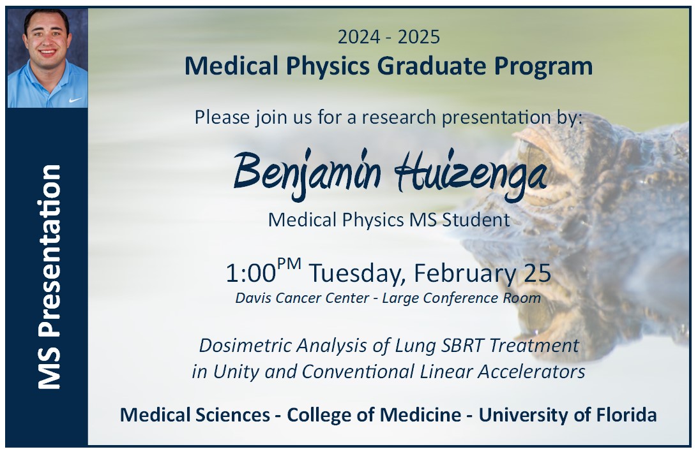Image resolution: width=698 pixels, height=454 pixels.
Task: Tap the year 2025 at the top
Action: pos(419,37)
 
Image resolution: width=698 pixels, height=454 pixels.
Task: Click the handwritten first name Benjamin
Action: pos(307,173)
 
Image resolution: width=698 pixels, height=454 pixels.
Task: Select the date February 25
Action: pos(483,273)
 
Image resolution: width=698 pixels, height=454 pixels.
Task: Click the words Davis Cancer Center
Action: pos(302,298)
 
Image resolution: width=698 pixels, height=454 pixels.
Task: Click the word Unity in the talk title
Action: pos(236,372)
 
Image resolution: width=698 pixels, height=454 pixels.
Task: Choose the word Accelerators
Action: pos(531,372)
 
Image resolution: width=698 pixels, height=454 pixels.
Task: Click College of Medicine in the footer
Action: pos(374,415)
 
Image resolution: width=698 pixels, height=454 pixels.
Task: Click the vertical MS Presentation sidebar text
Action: pos(49,277)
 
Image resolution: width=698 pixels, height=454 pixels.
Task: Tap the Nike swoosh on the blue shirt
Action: pos(75,100)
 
